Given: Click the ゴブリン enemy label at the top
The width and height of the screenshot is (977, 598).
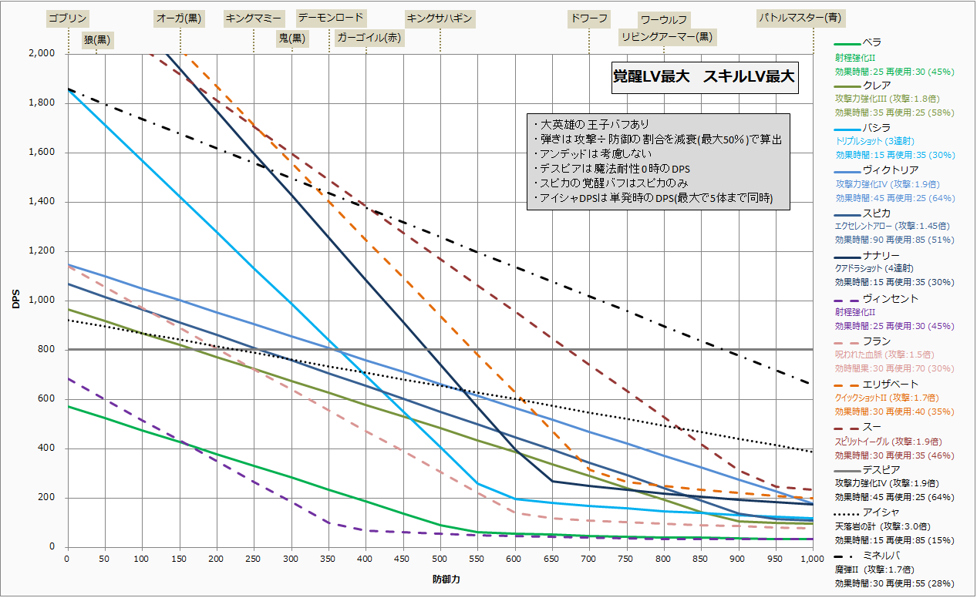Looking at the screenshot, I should click(x=68, y=18).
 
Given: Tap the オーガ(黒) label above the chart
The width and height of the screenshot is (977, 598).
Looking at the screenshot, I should click(x=179, y=18).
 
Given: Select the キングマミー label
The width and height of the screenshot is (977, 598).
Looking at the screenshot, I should click(x=254, y=18).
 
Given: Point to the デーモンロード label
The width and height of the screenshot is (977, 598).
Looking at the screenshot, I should click(x=331, y=17).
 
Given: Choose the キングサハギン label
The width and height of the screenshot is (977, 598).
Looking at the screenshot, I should click(x=439, y=18).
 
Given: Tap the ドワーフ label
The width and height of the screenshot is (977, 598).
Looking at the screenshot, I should click(x=588, y=18).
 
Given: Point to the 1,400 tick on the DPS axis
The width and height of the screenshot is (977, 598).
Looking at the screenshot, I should click(x=42, y=202).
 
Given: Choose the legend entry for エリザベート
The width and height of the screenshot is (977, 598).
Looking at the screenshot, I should click(x=890, y=384).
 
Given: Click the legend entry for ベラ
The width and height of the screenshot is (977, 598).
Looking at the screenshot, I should click(x=871, y=42).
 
